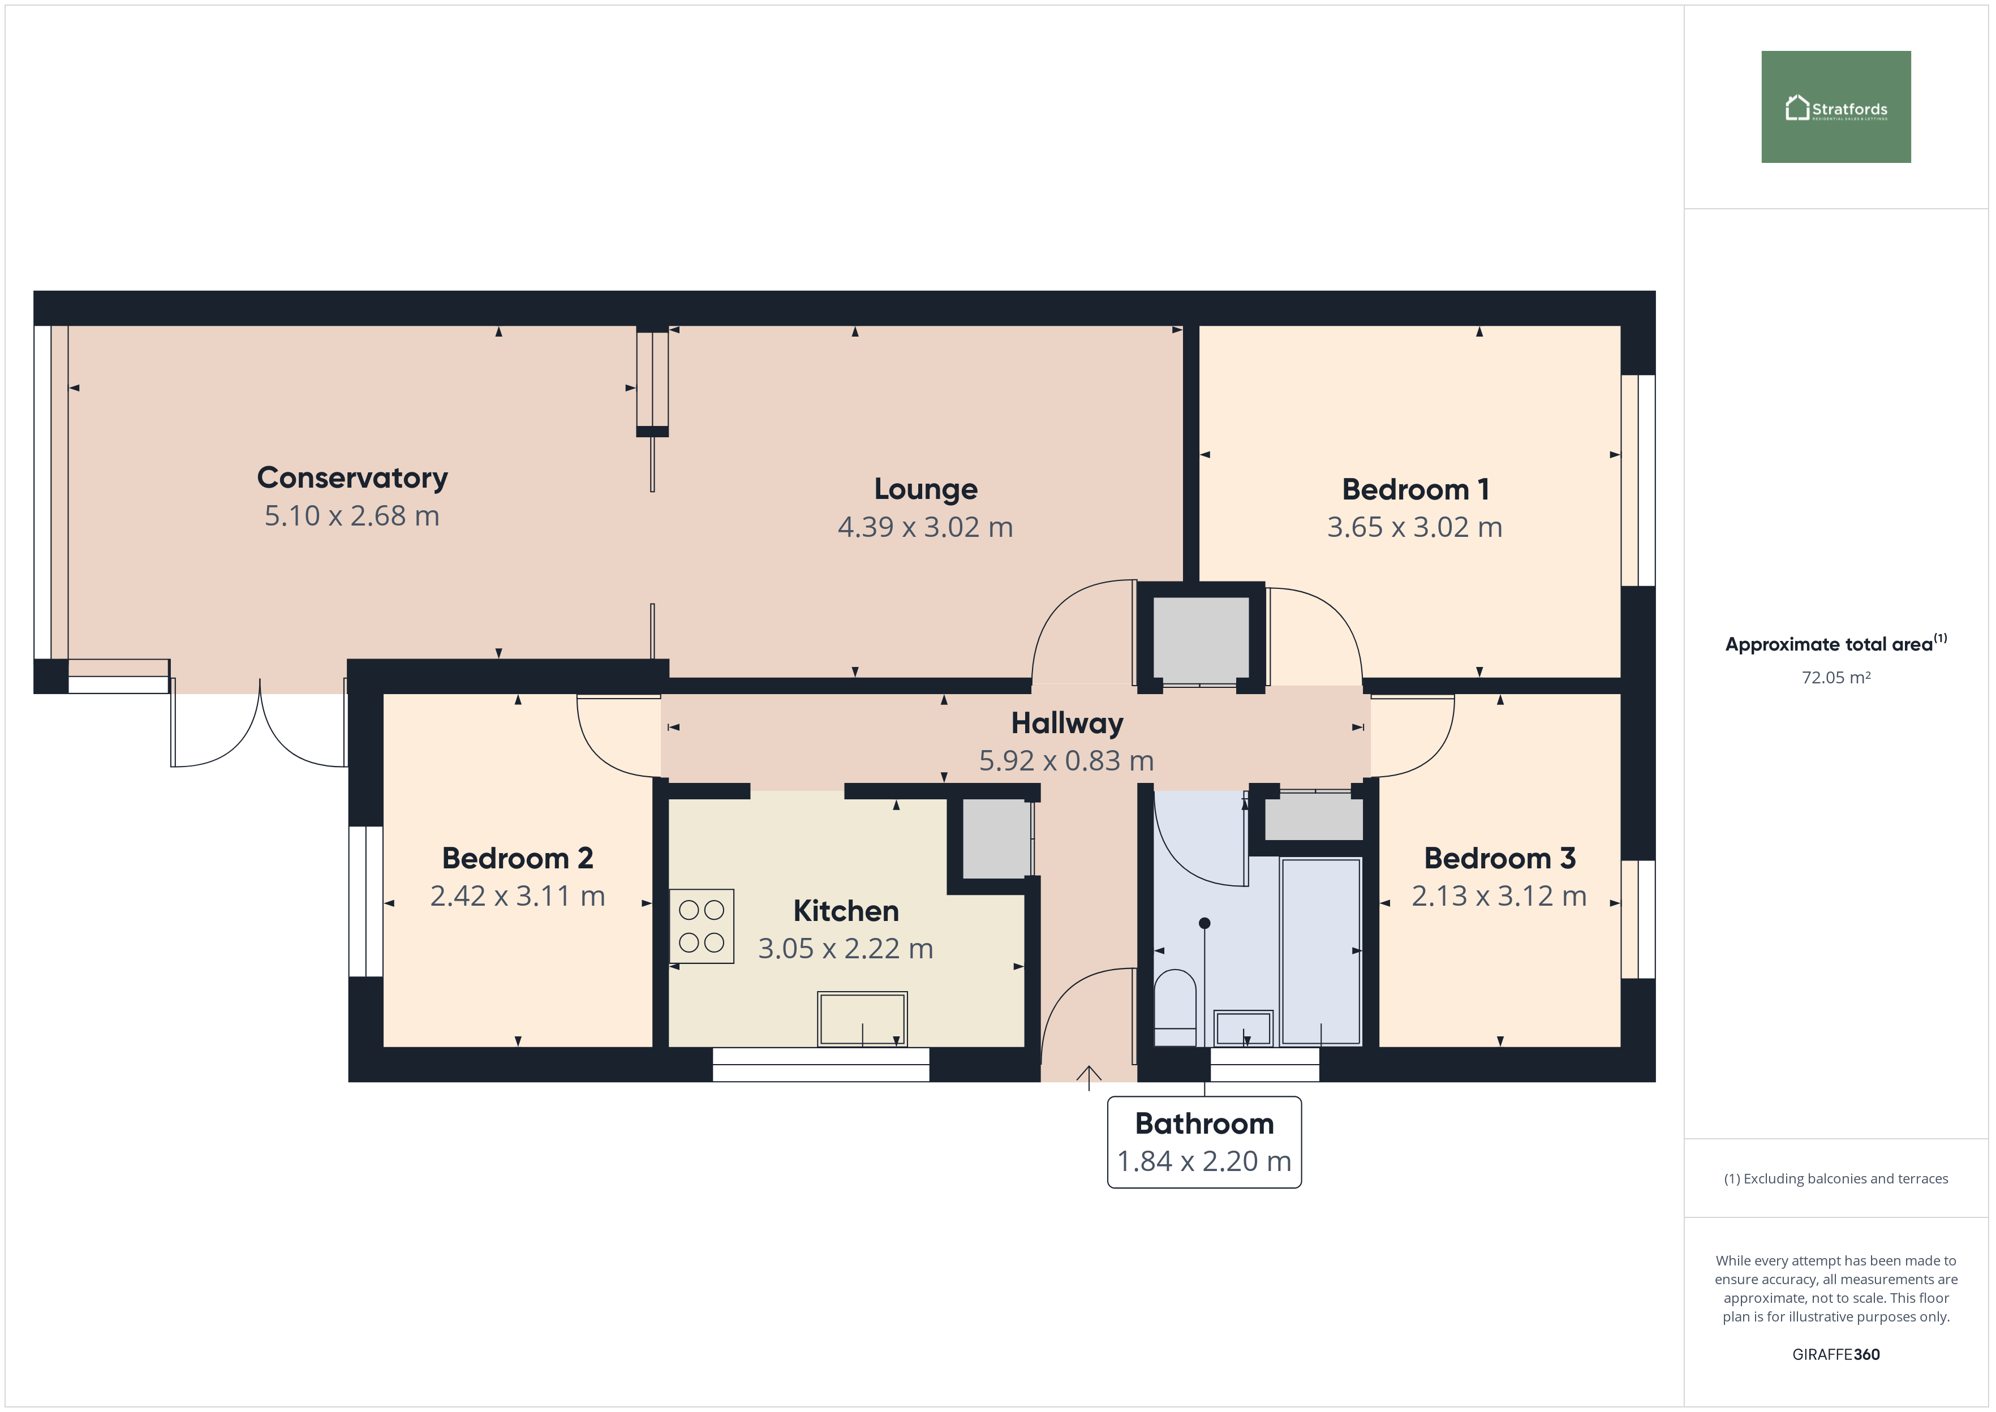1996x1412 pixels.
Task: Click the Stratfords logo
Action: [1835, 107]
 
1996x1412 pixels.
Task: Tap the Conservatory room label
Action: [352, 477]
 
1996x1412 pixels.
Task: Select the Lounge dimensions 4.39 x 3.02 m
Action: [925, 527]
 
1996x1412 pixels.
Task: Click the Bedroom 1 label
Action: [1416, 489]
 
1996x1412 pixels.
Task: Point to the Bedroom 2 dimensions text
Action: [517, 896]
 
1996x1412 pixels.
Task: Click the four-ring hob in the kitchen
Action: [702, 926]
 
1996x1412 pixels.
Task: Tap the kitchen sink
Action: [862, 1019]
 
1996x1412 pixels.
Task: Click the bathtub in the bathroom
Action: [1320, 951]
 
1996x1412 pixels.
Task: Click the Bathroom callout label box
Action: [1204, 1142]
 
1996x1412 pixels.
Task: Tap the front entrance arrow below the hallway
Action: [1089, 1078]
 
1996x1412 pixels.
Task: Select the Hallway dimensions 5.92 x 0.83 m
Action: [1066, 761]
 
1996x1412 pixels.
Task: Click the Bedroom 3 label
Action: [1500, 858]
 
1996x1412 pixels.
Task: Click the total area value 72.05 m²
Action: [1836, 677]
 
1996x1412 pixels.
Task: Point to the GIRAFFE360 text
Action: [1836, 1354]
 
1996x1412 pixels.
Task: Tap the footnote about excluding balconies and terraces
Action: [1836, 1178]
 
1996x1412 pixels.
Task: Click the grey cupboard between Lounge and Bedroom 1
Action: [1201, 638]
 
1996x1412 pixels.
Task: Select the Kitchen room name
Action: [846, 910]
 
